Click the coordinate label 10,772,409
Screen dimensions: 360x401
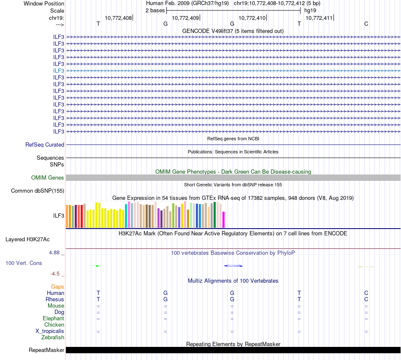185,18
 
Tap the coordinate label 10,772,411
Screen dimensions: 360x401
319,18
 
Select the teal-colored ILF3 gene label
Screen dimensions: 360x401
59,71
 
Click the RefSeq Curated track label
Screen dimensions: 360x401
45,145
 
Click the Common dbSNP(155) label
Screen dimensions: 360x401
38,191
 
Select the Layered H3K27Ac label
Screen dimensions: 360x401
27,239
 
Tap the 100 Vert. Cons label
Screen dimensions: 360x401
24,263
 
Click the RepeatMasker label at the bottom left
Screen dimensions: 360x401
46,350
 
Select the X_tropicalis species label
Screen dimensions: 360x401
50,331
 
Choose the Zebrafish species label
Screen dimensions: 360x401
53,338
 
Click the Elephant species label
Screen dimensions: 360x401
53,319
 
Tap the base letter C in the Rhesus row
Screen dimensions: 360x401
366,300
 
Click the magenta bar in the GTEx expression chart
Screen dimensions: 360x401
224,219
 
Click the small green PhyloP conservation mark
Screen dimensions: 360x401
97,266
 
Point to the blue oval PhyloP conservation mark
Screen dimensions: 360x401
233,266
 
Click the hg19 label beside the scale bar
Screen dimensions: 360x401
310,10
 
